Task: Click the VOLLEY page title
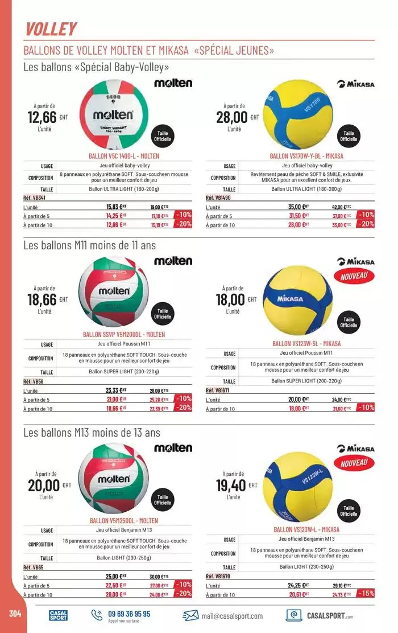pos(51,28)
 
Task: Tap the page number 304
pos(15,614)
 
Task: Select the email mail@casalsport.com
pos(231,615)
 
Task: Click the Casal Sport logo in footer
pos(58,615)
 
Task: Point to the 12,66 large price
pos(42,117)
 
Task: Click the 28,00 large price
pos(232,117)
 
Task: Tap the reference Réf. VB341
pos(34,198)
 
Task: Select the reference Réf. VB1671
pos(218,391)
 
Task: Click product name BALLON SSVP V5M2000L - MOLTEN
pos(123,335)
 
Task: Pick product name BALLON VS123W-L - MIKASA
pos(306,529)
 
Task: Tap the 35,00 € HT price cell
pos(298,207)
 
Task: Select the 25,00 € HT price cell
pos(116,576)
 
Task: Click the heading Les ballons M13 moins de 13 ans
pos(92,433)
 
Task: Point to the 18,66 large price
pos(42,299)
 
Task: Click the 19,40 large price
pos(231,485)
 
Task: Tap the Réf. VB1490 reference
pos(218,198)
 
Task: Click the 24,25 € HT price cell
pos(298,585)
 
